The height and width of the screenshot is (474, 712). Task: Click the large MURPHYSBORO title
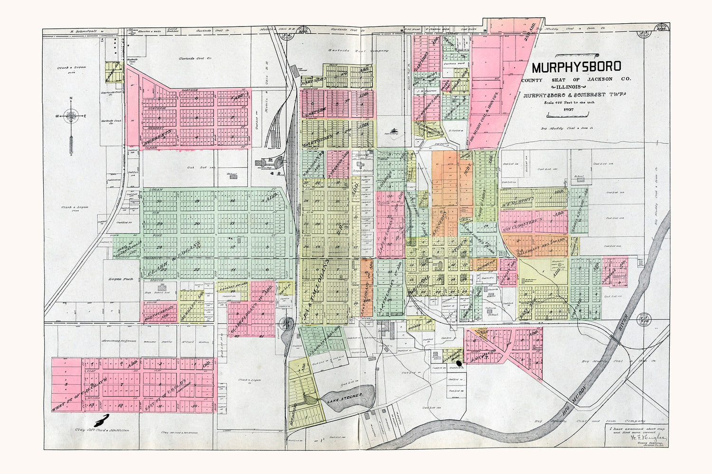click(576, 67)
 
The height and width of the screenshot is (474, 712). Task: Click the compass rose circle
click(71, 115)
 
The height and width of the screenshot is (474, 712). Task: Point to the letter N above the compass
click(71, 99)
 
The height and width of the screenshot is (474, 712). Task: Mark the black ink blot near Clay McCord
click(101, 420)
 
